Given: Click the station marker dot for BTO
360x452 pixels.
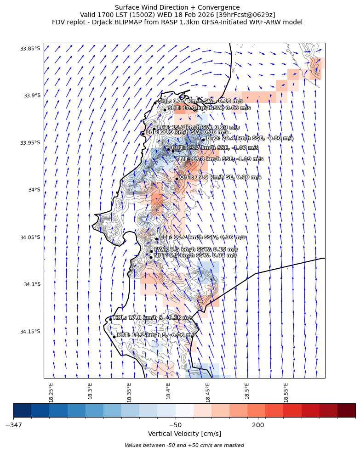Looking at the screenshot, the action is pos(203,140).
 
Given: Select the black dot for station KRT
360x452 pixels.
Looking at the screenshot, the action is pos(114,337).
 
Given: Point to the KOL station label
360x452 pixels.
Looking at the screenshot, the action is pos(153,317).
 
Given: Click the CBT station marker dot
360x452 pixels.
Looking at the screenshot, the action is pos(156,239).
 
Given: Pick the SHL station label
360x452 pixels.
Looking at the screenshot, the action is pos(200,101).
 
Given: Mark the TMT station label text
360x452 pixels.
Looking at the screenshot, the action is pos(220,159).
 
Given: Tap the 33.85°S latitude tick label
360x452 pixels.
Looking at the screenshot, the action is pos(30,48).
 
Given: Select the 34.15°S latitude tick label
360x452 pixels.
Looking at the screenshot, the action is pos(30,332).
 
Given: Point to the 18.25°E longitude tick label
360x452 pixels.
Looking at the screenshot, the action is pos(51,392).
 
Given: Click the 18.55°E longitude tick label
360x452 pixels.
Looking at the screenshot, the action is pos(286,392).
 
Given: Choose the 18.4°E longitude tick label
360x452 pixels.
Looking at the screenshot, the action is pos(169,392).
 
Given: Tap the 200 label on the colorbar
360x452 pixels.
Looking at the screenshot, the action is pos(258,424).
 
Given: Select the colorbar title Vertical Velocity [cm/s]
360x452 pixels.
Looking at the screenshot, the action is pos(184,434).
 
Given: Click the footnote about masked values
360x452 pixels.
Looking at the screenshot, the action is pos(184,445).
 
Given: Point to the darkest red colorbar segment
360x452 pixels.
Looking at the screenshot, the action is pos(346,410).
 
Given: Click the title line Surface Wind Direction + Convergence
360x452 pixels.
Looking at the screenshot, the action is pos(177,7).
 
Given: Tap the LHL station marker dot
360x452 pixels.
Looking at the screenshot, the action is pos(143,134).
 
